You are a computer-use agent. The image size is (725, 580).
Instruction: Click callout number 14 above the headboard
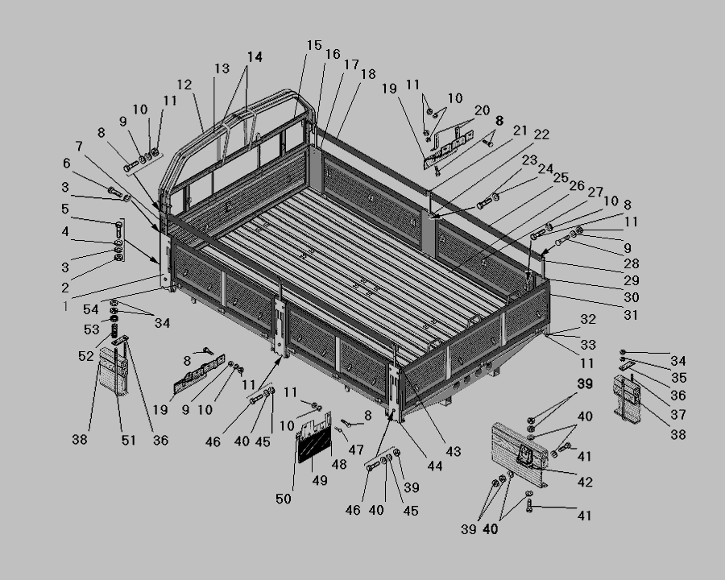255,57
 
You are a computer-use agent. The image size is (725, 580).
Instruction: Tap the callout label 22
541,135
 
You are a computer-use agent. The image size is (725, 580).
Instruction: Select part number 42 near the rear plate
585,482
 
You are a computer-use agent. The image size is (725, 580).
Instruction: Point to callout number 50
284,499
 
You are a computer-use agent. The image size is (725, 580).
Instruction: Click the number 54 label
90,309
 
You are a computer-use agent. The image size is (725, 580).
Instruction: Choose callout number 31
631,315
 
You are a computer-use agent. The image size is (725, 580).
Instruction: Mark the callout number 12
184,85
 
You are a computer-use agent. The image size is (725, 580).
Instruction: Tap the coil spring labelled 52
114,330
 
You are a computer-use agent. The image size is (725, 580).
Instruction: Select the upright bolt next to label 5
118,230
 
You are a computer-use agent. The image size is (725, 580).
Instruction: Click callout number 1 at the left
66,306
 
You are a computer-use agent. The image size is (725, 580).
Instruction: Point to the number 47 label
356,449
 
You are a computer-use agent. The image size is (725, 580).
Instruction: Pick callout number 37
678,414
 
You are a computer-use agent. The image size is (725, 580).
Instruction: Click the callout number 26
577,185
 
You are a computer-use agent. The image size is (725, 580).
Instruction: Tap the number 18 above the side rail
368,74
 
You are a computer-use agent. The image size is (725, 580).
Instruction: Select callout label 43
453,451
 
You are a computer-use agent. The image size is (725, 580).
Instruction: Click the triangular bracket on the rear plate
526,454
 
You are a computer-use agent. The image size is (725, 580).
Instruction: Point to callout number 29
632,280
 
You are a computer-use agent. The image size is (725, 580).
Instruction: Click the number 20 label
482,110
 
